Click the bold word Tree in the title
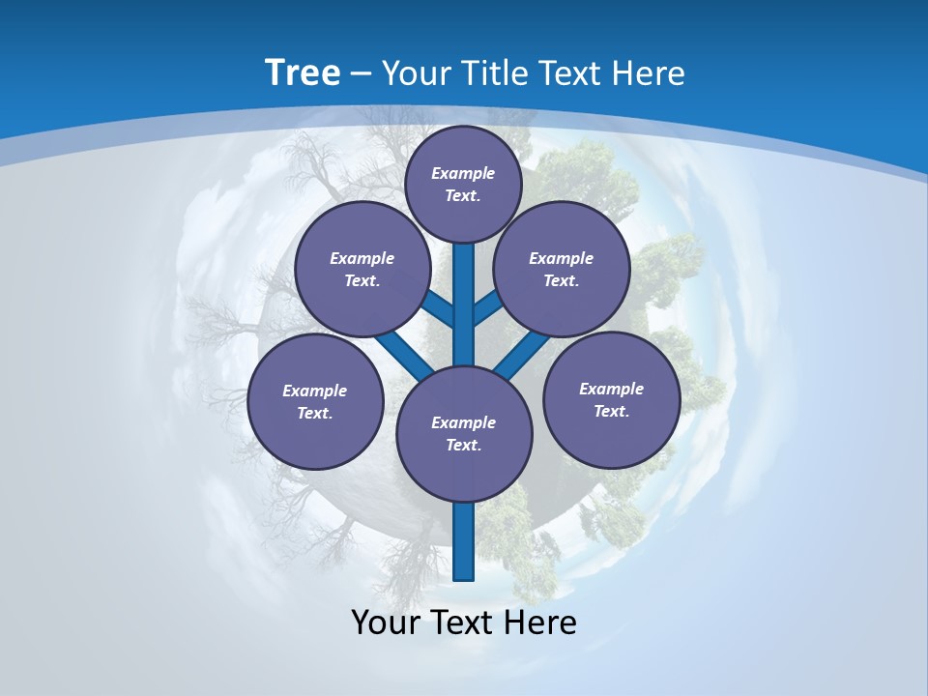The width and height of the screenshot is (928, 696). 303,73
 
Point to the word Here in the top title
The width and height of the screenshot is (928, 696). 649,73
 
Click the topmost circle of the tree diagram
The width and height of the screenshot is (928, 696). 463,184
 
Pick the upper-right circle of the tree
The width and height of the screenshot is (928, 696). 561,270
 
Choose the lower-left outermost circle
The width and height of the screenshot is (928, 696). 315,402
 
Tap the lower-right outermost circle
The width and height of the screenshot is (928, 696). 611,400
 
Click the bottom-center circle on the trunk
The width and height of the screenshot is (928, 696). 464,434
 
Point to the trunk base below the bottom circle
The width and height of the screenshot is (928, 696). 464,541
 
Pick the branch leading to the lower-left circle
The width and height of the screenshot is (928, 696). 404,356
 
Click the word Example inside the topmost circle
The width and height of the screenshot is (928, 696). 463,173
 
